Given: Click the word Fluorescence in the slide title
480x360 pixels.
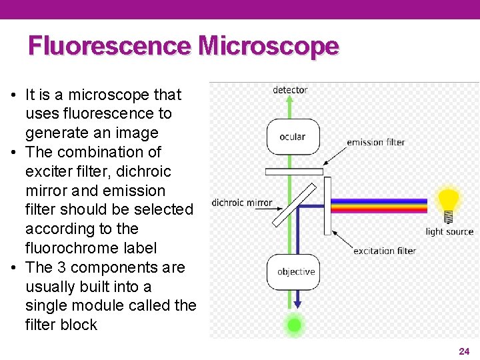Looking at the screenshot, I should pyautogui.click(x=109, y=46).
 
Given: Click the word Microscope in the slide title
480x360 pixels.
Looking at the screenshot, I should pyautogui.click(x=269, y=46).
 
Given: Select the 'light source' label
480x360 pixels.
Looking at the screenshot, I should pyautogui.click(x=449, y=231).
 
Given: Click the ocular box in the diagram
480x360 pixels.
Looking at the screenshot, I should pyautogui.click(x=293, y=137).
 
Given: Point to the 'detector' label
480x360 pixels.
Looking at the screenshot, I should pyautogui.click(x=290, y=90).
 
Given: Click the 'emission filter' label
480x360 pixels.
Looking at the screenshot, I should pyautogui.click(x=375, y=142).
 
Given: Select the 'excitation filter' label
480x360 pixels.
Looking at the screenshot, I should pyautogui.click(x=385, y=251).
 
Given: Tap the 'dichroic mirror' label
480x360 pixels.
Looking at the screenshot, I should pyautogui.click(x=242, y=203).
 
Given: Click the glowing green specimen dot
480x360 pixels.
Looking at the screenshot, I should pyautogui.click(x=294, y=325).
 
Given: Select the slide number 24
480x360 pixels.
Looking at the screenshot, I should pyautogui.click(x=464, y=351).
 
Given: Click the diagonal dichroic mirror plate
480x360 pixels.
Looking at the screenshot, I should pyautogui.click(x=294, y=204).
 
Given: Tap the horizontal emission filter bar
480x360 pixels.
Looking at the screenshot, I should pyautogui.click(x=294, y=171).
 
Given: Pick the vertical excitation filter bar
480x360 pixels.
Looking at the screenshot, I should pyautogui.click(x=327, y=205).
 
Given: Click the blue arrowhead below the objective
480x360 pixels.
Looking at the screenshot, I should pyautogui.click(x=297, y=304).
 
